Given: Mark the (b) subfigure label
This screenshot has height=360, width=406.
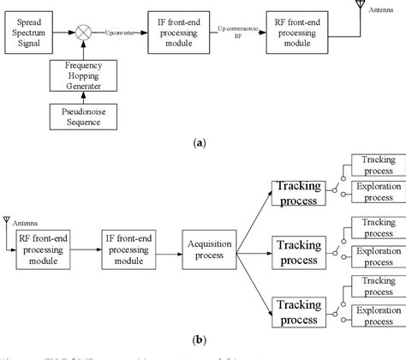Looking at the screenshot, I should pos(203,340).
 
